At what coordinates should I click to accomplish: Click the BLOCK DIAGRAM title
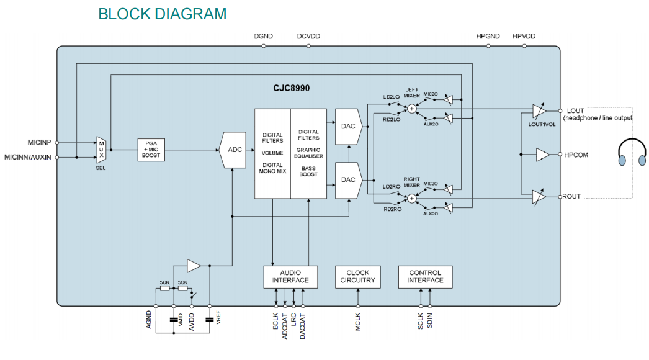tap(162, 14)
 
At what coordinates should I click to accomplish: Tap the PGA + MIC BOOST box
tap(151, 150)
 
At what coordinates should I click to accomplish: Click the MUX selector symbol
tap(101, 150)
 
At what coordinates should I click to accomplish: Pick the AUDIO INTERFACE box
tap(290, 277)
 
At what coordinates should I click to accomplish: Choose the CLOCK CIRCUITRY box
tap(358, 277)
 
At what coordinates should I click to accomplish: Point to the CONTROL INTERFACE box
tap(425, 277)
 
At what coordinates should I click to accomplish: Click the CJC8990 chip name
tap(290, 88)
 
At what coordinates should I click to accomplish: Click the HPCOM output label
tap(576, 155)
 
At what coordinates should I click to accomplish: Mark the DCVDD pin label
tap(308, 37)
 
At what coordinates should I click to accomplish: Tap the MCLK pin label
tap(358, 324)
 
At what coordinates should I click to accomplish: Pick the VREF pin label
tap(218, 318)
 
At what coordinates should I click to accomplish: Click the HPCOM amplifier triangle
tap(543, 155)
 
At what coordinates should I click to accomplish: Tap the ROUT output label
tap(571, 196)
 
